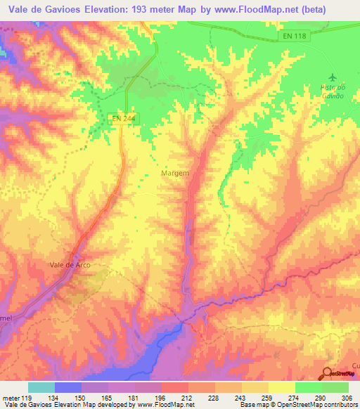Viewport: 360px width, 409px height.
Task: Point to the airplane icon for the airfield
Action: click(x=333, y=78)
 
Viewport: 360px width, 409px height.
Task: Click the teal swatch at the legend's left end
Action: click(x=41, y=387)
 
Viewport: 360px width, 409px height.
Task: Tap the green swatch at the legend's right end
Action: click(x=335, y=387)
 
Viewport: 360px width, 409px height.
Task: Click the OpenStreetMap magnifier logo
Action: click(x=326, y=374)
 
